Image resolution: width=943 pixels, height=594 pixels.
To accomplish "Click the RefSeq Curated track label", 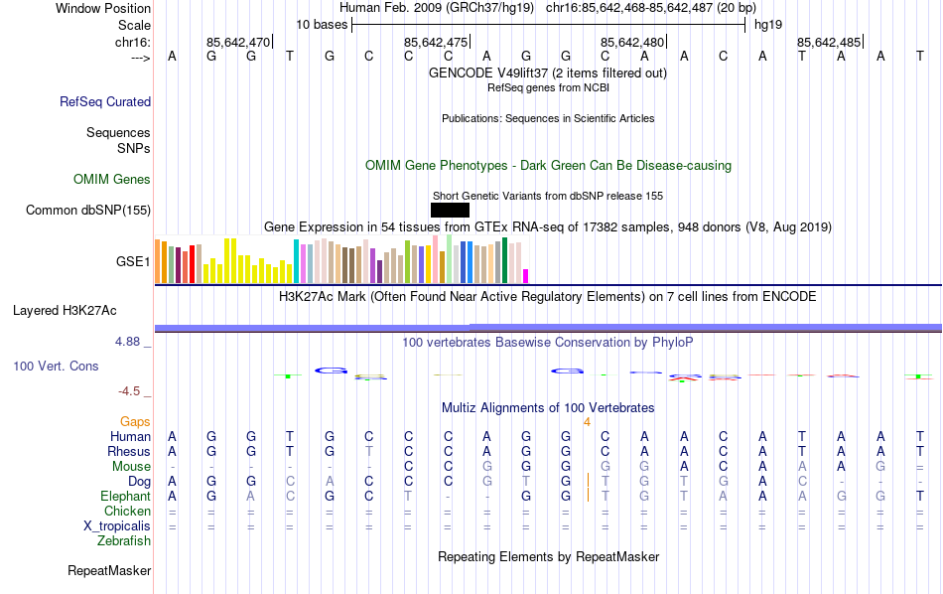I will coord(105,101).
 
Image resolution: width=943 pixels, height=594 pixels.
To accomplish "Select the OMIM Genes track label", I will coord(112,180).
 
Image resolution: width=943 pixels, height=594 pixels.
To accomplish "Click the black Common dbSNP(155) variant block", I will coord(450,210).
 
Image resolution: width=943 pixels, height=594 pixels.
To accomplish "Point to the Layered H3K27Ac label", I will coord(81,310).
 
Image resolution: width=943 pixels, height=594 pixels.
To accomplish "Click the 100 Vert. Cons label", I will coord(56,367).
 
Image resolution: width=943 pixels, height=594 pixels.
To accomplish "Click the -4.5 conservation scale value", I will coord(134,391).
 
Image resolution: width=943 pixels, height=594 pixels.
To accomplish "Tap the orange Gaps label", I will coord(136,422).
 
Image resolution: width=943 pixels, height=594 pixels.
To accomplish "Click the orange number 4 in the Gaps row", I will coord(587,422).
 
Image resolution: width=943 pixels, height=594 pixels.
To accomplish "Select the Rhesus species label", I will coord(129,452).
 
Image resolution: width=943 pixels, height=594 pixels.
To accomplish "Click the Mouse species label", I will coord(132,467).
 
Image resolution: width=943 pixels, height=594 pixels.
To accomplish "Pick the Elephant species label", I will coord(126,497).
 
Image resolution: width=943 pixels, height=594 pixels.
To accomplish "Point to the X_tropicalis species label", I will coord(117,526).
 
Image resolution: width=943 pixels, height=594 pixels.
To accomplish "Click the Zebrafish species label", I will coord(124,541).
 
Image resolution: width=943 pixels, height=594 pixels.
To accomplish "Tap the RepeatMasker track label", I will coord(109,571).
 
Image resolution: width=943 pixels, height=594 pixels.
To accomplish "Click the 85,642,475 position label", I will coord(435,43).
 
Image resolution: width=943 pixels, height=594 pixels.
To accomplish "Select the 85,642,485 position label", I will coord(829,43).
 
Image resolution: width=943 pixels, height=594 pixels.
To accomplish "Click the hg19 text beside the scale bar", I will coord(768,23).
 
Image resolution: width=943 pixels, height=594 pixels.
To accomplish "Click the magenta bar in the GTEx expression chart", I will coord(526,276).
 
